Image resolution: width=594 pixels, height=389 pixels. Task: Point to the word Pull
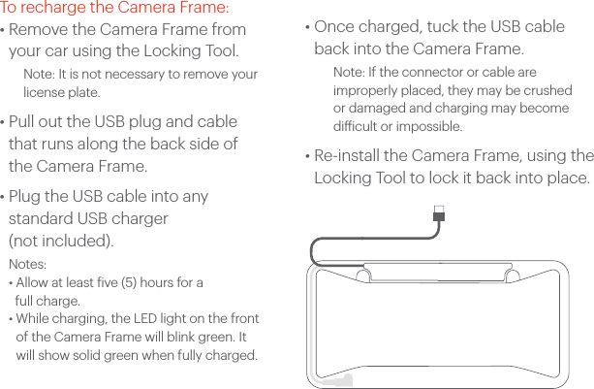25,122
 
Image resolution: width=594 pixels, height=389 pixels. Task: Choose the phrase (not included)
60,240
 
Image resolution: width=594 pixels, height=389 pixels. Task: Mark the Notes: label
28,265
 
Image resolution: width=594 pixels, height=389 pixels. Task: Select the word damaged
376,108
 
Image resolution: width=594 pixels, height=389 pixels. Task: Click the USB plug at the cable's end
440,211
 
